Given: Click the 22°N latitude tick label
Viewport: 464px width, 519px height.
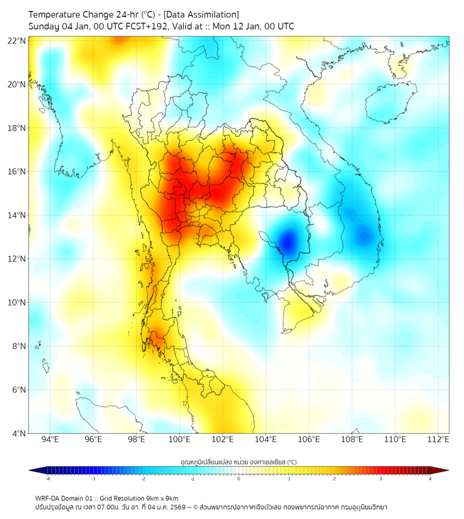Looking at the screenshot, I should tap(17, 41).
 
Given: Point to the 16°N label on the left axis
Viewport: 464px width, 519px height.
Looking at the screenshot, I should tap(17, 172).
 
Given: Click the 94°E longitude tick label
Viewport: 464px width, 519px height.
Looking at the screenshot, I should tap(50, 439).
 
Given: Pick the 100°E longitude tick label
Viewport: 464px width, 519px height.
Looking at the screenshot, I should tap(180, 439).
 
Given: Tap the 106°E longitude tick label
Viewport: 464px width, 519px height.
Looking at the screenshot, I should tap(310, 439).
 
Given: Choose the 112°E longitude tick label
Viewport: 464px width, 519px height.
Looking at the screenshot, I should tap(439, 439).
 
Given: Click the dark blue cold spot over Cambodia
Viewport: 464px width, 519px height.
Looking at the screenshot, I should tap(288, 242).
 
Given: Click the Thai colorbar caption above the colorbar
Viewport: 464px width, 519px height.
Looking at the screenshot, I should tap(238, 462).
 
